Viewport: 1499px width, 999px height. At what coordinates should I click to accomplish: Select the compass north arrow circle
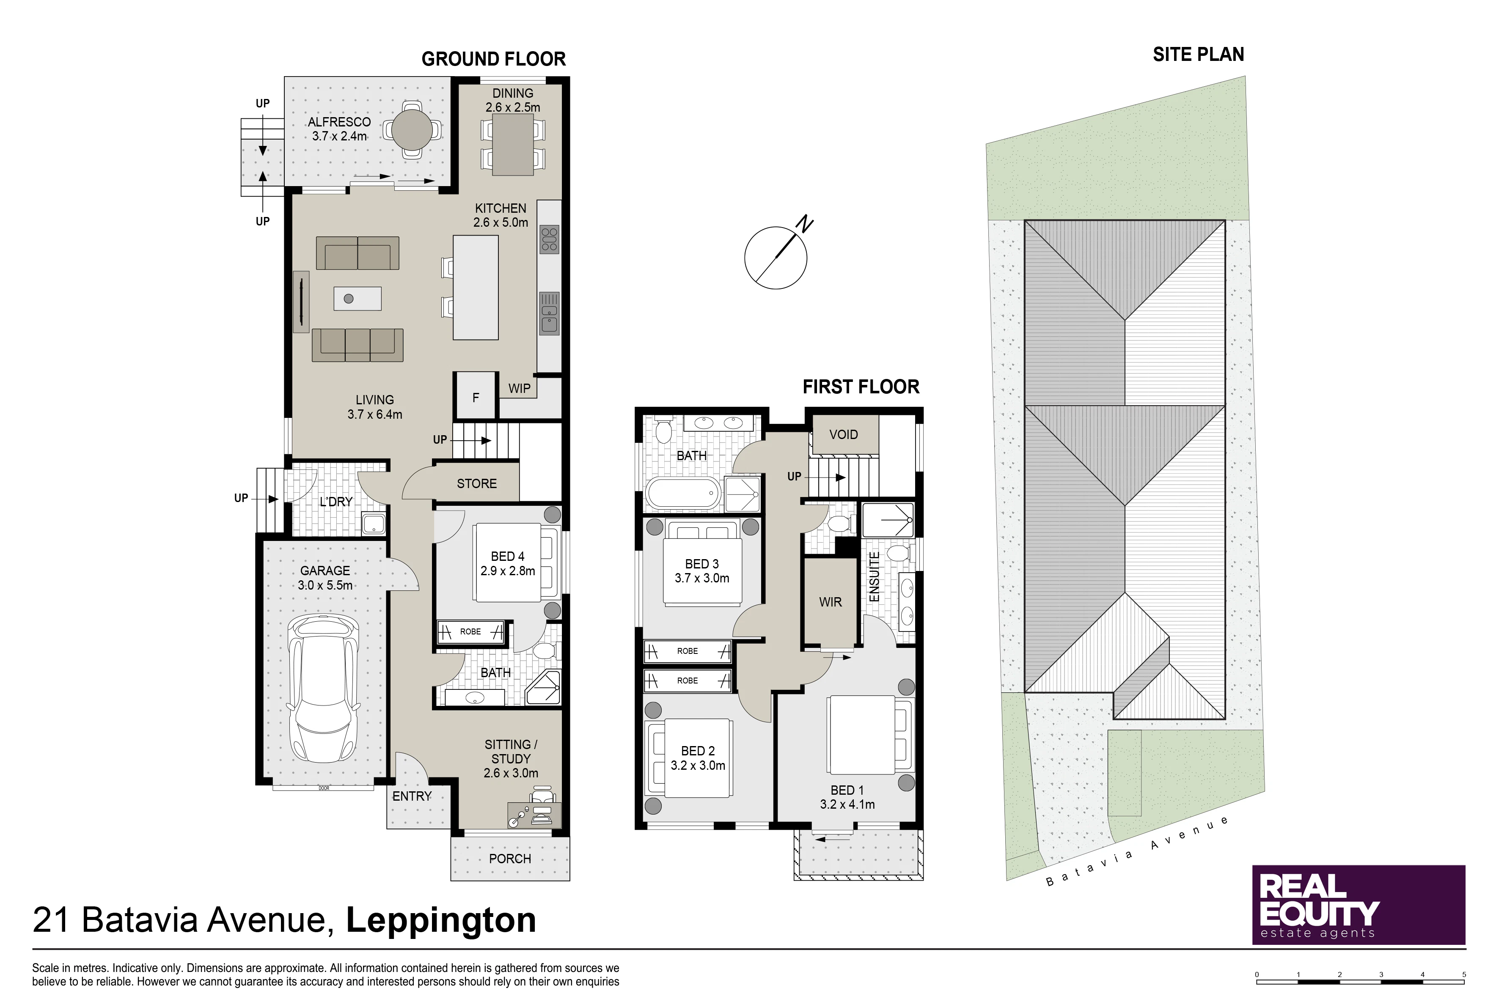click(x=776, y=258)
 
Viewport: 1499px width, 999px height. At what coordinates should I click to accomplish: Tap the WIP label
click(x=520, y=388)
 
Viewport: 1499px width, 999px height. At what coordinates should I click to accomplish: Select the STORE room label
click(x=477, y=483)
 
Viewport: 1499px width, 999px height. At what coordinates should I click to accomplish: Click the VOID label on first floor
click(x=843, y=434)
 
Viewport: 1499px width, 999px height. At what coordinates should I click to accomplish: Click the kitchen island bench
click(x=476, y=287)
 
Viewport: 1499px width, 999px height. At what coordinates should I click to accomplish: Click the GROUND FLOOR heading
click(x=493, y=59)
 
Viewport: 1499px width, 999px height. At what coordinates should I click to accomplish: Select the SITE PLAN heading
click(x=1198, y=55)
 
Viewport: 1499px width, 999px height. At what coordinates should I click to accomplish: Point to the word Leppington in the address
click(x=441, y=920)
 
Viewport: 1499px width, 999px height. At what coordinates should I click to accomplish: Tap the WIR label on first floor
click(x=831, y=602)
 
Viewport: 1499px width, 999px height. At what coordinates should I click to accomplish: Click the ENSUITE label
click(x=875, y=576)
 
